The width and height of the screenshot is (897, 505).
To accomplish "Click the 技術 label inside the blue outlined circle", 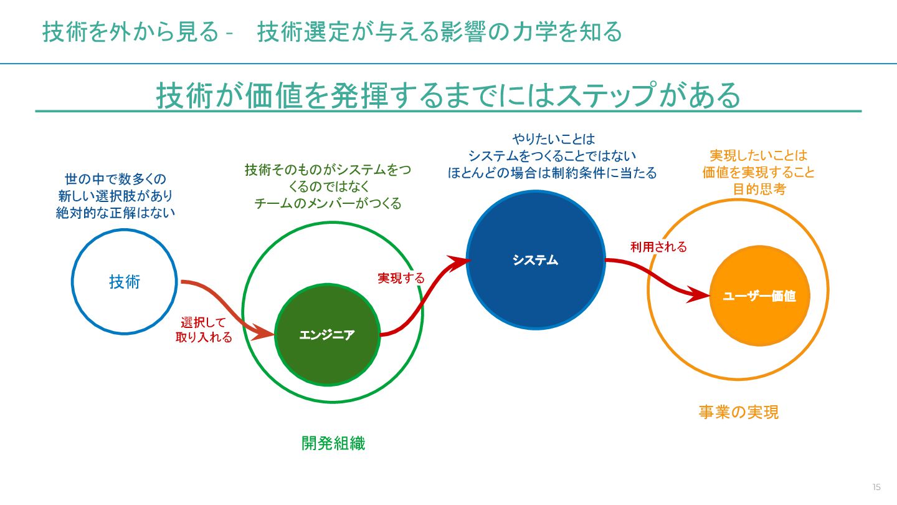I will point(125,282).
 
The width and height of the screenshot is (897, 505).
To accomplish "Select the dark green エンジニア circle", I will point(327,335).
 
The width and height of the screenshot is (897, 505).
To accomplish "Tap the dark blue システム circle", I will point(536,260).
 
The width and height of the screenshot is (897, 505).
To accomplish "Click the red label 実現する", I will point(401,278).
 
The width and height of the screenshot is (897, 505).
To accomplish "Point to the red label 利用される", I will point(658,247).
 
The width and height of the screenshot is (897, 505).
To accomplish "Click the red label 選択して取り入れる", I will point(204,330).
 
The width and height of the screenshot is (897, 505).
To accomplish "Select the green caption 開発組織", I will point(333,443).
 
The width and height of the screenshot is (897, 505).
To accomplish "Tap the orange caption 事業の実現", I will point(738,412).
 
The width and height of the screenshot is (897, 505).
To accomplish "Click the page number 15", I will point(876,487).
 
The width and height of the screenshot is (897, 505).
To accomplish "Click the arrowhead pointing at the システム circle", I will point(460,261).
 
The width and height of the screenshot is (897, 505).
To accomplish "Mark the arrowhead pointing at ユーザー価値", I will point(701,294).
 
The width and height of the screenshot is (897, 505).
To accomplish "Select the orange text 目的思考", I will point(759,190).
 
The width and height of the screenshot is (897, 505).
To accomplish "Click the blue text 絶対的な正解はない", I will point(115,213).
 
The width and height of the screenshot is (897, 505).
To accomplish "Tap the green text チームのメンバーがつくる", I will point(328,203).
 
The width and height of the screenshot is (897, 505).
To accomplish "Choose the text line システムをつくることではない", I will point(553,156).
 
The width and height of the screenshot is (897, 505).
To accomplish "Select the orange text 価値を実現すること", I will point(759,173).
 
